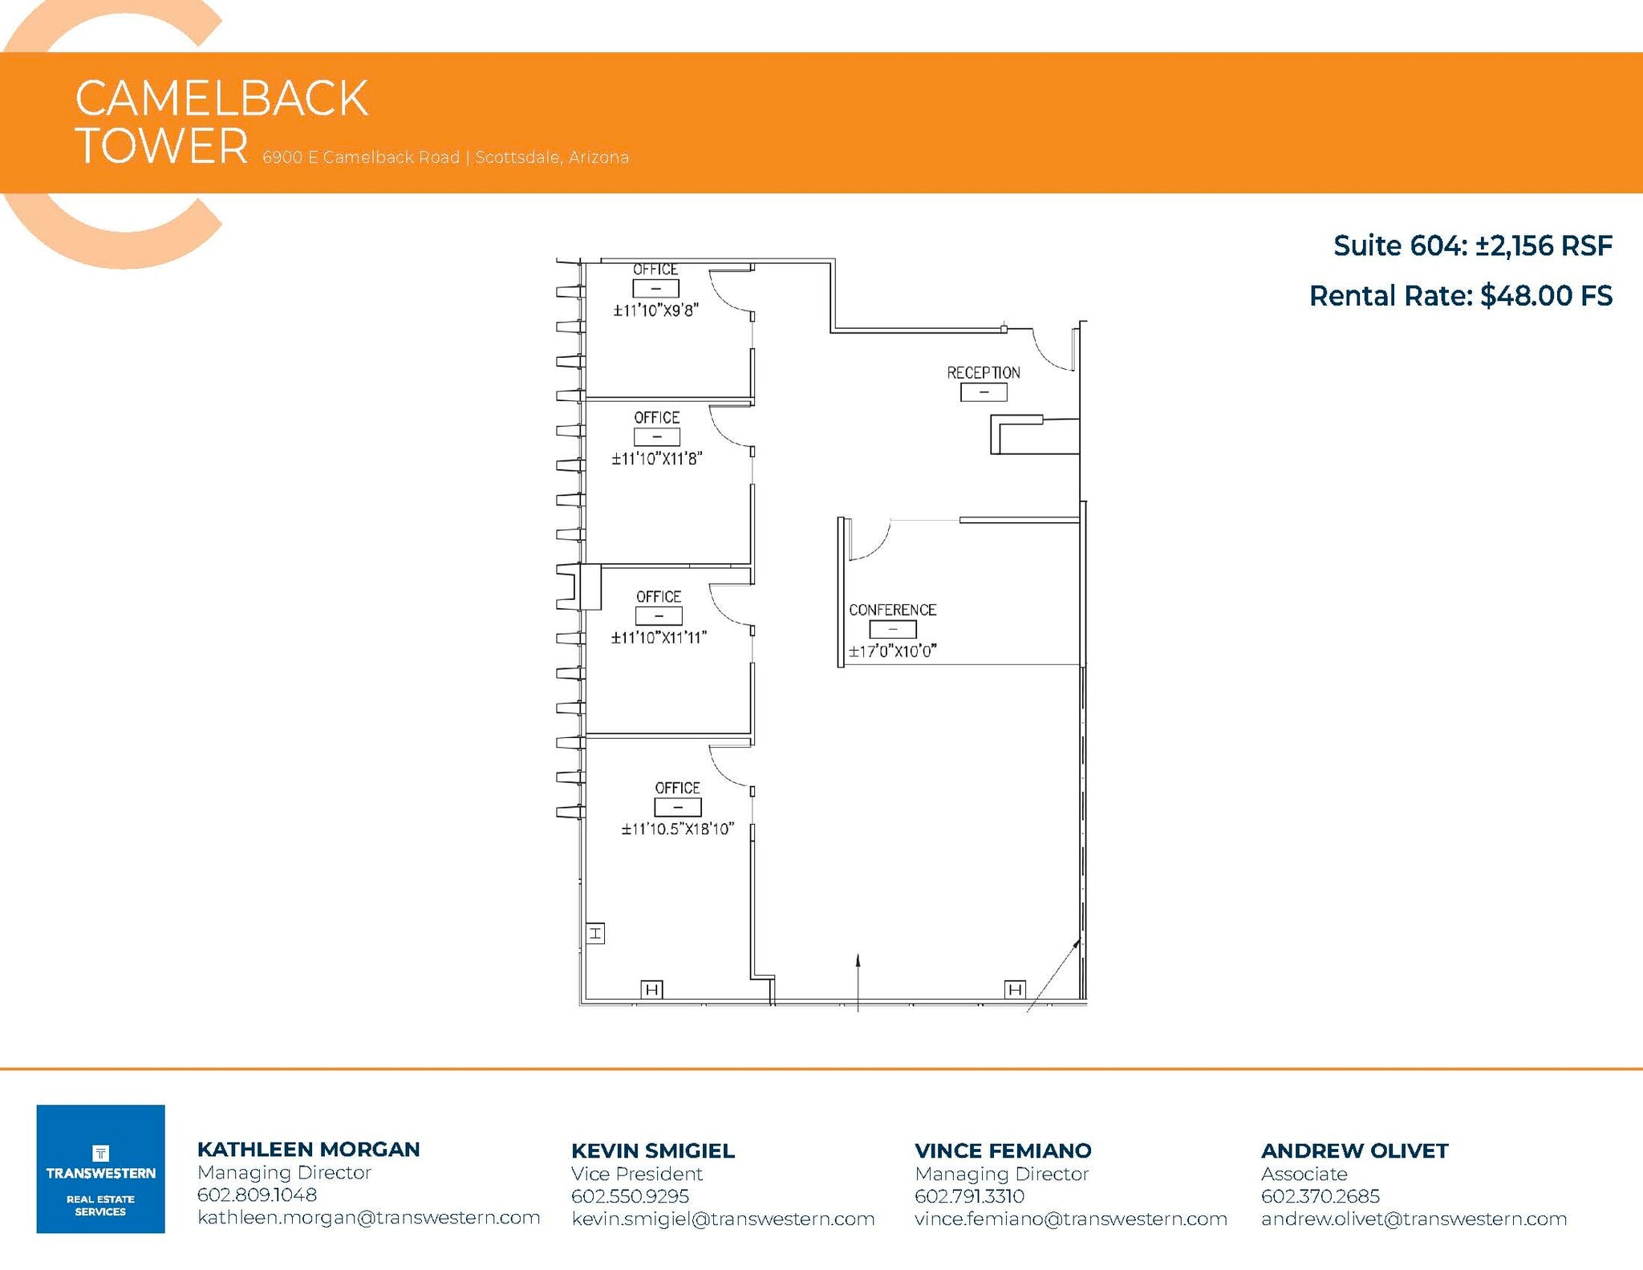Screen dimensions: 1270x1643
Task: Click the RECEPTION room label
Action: point(983,372)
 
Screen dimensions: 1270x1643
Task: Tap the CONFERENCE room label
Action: point(892,610)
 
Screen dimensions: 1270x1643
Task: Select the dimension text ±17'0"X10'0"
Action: point(892,651)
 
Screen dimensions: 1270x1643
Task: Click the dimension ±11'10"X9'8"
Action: point(656,310)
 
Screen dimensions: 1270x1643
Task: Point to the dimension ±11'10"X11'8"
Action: point(657,459)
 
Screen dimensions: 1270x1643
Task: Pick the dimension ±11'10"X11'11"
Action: point(659,638)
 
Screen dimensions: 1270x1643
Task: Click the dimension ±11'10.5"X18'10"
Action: point(677,829)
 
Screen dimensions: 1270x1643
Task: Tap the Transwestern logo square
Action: point(100,1168)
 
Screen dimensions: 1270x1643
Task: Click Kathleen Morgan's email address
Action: point(368,1217)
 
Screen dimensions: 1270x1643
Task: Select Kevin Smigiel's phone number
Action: point(630,1196)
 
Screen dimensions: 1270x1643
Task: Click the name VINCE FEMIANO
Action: point(1003,1150)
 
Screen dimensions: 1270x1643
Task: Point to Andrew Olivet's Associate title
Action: point(1304,1174)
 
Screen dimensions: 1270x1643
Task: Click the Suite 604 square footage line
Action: point(1472,245)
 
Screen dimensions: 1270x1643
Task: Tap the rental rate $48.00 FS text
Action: point(1460,296)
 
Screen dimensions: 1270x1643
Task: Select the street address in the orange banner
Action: point(445,157)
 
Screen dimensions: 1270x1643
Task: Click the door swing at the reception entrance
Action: point(1051,350)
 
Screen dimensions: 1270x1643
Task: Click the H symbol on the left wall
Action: point(595,933)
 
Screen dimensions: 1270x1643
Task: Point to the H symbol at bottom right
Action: point(1015,989)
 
